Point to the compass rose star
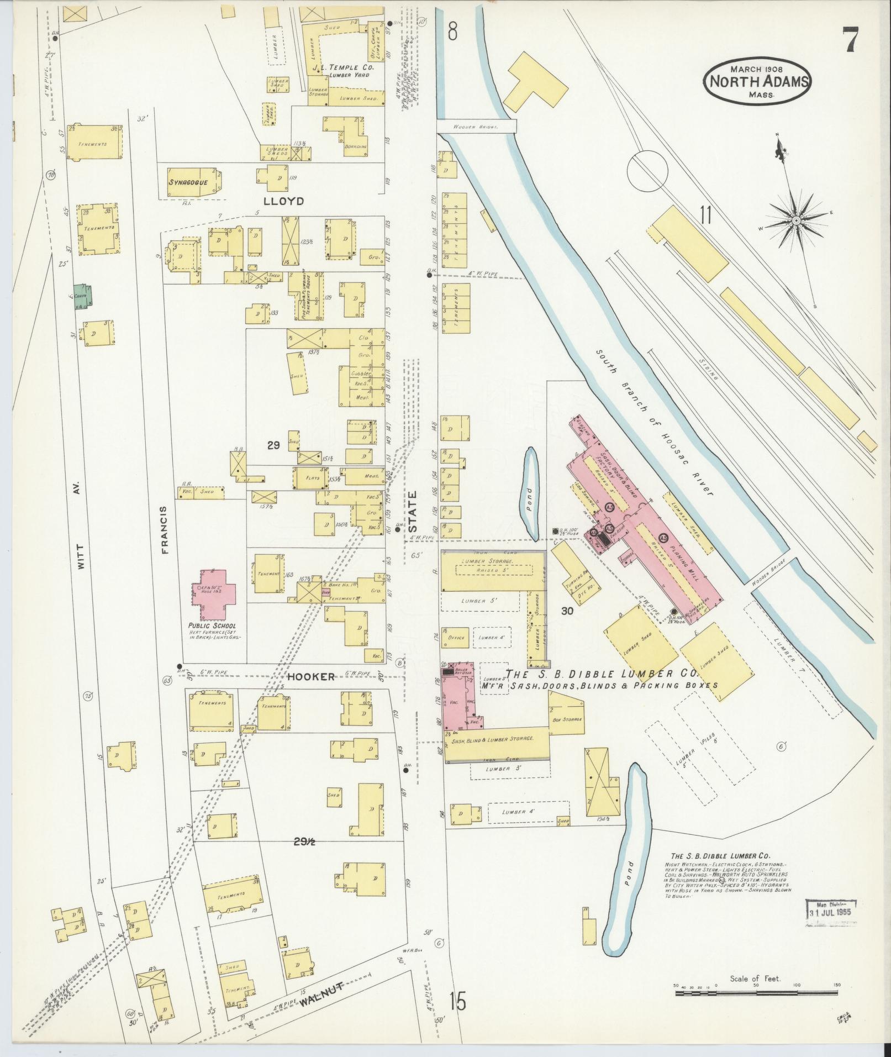point(796,221)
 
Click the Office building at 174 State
point(456,637)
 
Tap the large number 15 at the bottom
point(458,1001)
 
